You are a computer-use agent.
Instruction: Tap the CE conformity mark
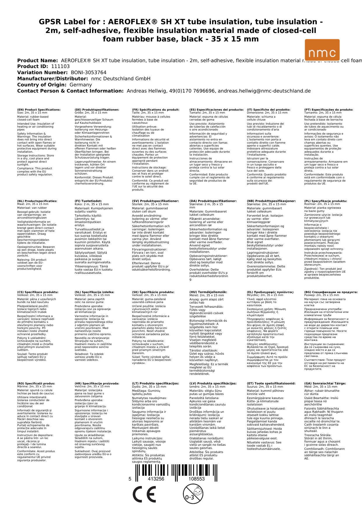[x=144, y=494]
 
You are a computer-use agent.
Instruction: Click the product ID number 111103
[x=60, y=67]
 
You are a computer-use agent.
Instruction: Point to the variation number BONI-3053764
[x=89, y=73]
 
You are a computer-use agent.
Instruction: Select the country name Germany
[x=81, y=85]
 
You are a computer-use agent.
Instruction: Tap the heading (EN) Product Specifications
[x=39, y=110]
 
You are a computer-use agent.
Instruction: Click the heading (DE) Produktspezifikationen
[x=97, y=110]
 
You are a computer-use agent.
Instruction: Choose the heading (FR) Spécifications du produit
[x=155, y=110]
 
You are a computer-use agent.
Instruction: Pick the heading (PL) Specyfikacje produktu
[x=326, y=201]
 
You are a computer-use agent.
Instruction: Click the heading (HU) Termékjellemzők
[x=208, y=292]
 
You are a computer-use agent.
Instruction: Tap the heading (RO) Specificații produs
[x=36, y=384]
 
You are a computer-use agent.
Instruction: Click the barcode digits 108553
[x=196, y=479]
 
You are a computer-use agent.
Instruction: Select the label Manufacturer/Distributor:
[x=53, y=79]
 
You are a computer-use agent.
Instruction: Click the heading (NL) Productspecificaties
[x=37, y=201]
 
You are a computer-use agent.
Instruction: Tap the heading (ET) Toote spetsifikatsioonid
[x=271, y=384]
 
